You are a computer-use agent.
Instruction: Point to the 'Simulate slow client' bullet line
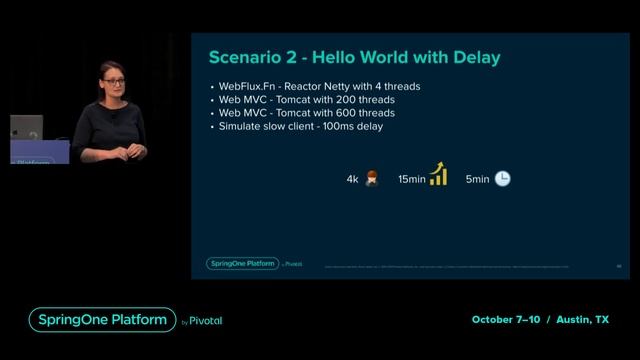click(x=301, y=126)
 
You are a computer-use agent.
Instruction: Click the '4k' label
click(x=352, y=179)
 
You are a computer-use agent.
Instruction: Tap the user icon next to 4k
click(x=371, y=178)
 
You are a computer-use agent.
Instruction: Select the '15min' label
click(x=411, y=179)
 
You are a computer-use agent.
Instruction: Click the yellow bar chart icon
click(x=437, y=175)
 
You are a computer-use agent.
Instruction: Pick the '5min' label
click(x=477, y=179)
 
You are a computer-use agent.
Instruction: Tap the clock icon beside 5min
click(x=502, y=178)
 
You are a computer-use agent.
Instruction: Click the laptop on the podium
click(x=27, y=128)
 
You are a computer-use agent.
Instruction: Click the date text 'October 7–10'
click(x=507, y=320)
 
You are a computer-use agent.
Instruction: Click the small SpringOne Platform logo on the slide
click(x=241, y=264)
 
